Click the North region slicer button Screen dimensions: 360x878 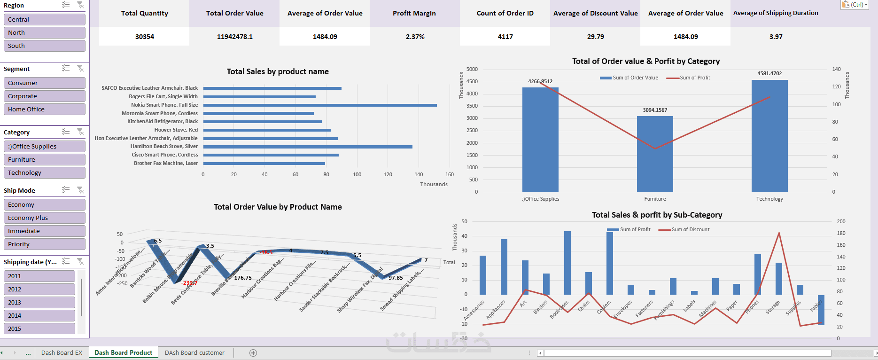click(44, 32)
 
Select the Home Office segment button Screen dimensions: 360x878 click(44, 109)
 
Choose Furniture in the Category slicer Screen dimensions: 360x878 click(44, 159)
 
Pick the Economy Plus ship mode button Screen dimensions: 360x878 click(44, 218)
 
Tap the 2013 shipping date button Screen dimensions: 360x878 click(39, 302)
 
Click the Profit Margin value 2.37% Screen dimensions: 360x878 click(415, 37)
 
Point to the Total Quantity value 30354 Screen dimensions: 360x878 click(144, 37)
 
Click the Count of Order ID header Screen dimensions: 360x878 click(505, 13)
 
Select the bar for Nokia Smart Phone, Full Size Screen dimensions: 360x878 click(319, 105)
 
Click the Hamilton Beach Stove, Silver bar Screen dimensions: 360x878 click(308, 147)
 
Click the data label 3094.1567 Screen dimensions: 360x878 click(655, 110)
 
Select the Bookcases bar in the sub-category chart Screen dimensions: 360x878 click(567, 263)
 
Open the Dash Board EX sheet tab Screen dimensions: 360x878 click(62, 352)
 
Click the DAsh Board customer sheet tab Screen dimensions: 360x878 click(194, 352)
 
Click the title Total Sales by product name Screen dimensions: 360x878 click(278, 71)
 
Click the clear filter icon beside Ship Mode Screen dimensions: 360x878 click(80, 190)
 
